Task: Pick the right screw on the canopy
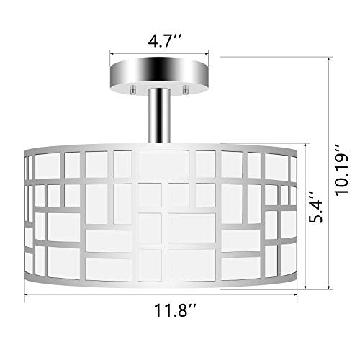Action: (186, 90)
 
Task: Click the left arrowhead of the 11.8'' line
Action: (29, 295)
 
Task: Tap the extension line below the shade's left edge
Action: (26, 292)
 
